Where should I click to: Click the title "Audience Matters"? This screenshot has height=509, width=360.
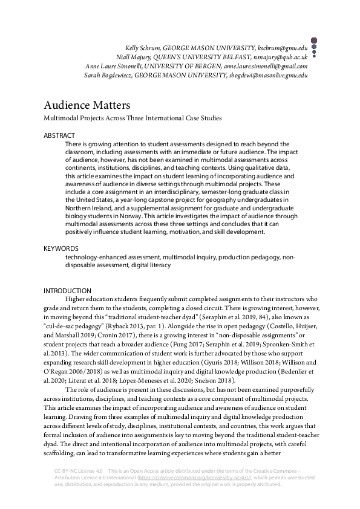tap(87, 105)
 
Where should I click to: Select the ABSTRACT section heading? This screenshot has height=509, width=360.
tap(59, 135)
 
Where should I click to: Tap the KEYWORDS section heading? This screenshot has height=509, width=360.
tap(61, 248)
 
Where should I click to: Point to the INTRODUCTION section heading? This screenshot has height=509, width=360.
tap(67, 291)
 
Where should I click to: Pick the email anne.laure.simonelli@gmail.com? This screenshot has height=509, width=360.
tap(266, 66)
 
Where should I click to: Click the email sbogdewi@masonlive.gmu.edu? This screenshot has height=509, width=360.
tap(268, 76)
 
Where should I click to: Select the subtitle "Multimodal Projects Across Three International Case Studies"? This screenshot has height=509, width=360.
tap(133, 118)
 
